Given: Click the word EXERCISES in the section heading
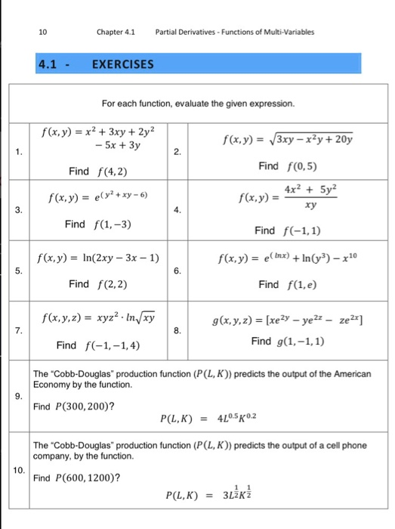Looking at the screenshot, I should tap(122, 64).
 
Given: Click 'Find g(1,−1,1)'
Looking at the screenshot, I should tap(286, 341).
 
